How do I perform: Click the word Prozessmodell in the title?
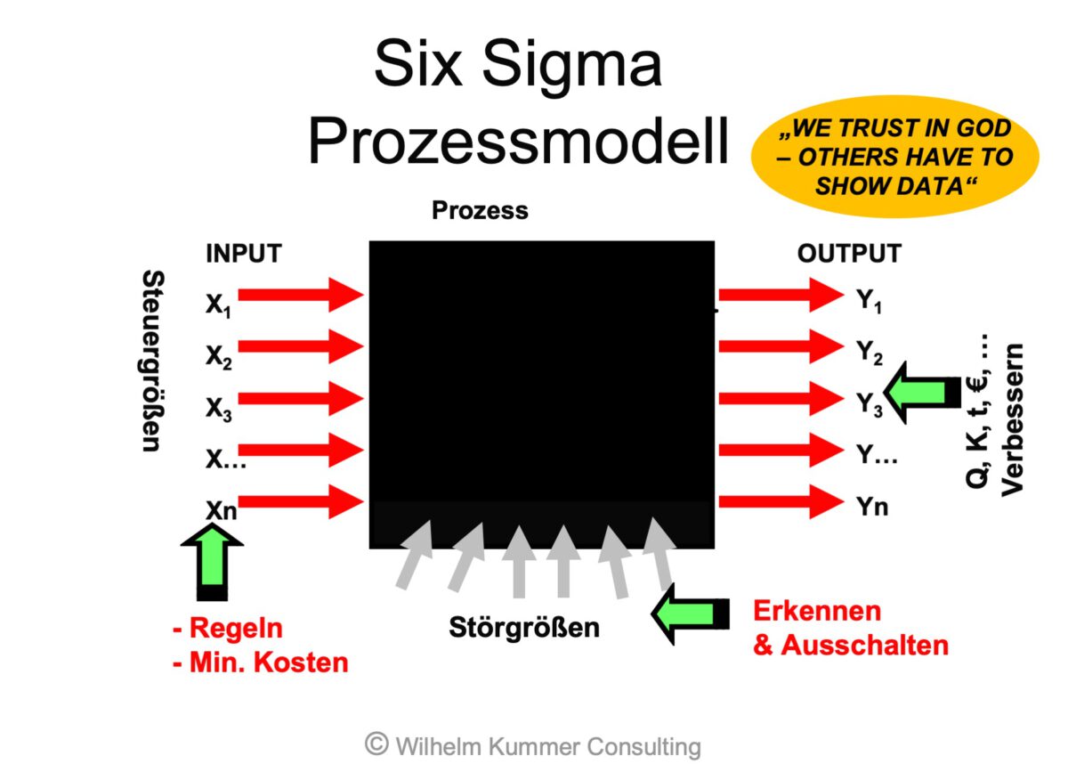[518, 141]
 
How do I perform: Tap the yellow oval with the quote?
[894, 157]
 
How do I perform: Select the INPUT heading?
[243, 254]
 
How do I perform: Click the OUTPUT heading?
[848, 254]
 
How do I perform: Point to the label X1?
[219, 305]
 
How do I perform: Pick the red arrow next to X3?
[301, 398]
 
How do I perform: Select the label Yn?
[872, 507]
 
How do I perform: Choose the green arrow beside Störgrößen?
[691, 614]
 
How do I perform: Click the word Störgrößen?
[523, 627]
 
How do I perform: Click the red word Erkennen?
[817, 611]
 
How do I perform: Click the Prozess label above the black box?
[480, 211]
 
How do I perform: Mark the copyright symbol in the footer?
[376, 744]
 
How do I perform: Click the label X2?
[219, 356]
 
